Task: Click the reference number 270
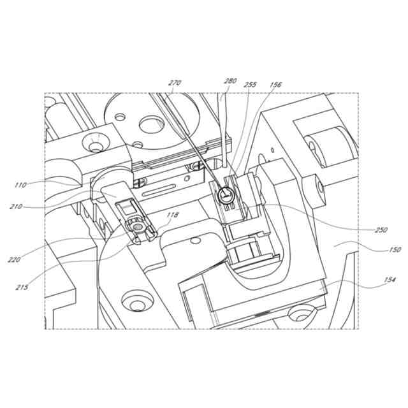[175, 83]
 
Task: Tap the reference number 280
[230, 81]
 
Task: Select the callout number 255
[251, 85]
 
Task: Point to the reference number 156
[275, 85]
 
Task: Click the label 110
[20, 186]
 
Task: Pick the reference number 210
[16, 207]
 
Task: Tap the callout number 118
[173, 215]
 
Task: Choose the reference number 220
[14, 259]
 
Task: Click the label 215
[22, 288]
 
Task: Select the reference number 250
[381, 230]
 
